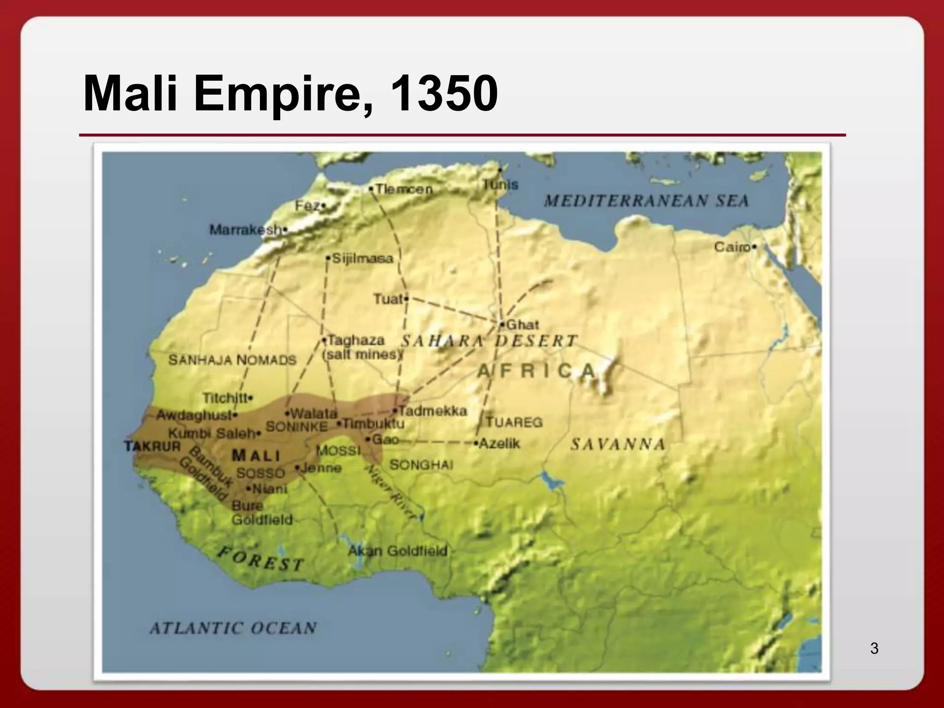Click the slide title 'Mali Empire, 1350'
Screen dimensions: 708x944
coord(290,93)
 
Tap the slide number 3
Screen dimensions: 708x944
coord(874,649)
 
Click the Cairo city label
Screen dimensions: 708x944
coord(732,248)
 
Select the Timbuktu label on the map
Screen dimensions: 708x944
coord(374,424)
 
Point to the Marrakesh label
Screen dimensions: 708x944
coord(246,230)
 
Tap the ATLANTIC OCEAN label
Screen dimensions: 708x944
coord(233,628)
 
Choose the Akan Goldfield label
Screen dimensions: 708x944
coord(398,551)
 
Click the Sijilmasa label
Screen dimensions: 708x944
coord(362,259)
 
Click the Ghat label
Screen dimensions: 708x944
coord(522,325)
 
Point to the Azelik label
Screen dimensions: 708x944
coord(499,444)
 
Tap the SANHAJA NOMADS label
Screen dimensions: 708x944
coord(232,360)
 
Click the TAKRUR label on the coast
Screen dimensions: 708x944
coord(153,446)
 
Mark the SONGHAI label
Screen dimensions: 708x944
coord(421,465)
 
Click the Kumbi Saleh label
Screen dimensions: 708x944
coord(212,434)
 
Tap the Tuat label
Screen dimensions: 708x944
coord(388,300)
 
